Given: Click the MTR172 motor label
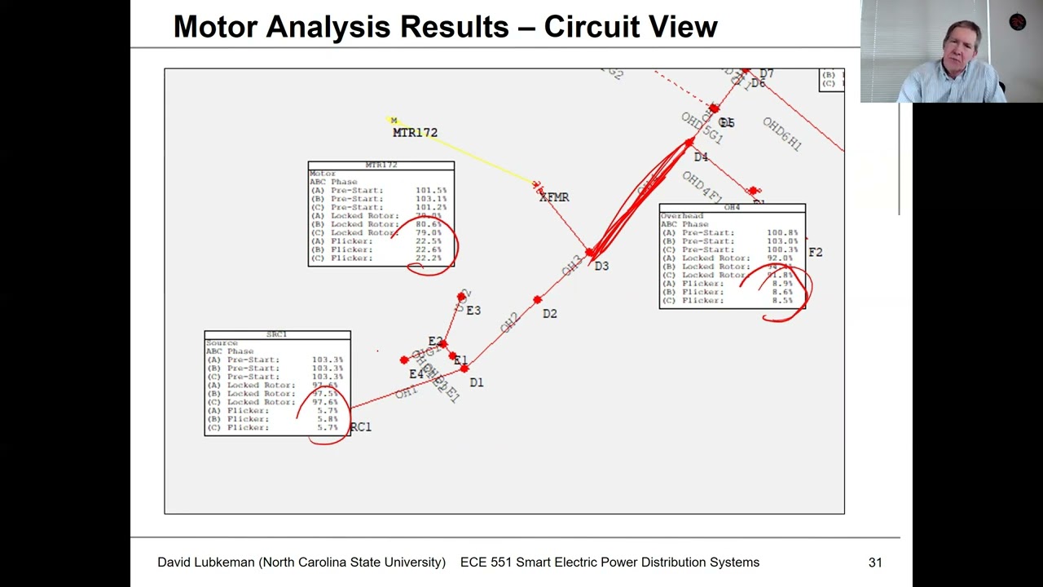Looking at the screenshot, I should [415, 133].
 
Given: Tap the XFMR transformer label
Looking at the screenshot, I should [554, 197].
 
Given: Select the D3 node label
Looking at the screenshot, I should [601, 266].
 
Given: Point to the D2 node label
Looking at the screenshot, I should [550, 314].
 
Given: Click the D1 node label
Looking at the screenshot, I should [477, 382].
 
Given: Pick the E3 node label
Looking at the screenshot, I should [473, 311].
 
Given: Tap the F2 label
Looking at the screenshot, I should [816, 253].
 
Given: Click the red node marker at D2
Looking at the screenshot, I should [537, 301].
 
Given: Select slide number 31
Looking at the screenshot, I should [875, 563].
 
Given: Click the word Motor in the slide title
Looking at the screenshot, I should [216, 27].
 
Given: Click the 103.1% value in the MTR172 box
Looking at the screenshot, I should [431, 199].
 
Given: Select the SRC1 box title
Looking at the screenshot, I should [277, 335].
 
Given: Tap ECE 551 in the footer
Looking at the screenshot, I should [484, 563].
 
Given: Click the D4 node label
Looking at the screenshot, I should [701, 157].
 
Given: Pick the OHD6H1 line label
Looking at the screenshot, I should [782, 135].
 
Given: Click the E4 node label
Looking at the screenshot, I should [416, 374].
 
